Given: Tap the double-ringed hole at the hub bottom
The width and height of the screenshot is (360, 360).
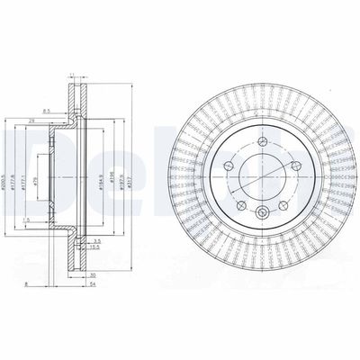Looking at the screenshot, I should click(261, 212).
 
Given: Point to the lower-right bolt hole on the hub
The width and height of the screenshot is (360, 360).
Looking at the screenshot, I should click(283, 205).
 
